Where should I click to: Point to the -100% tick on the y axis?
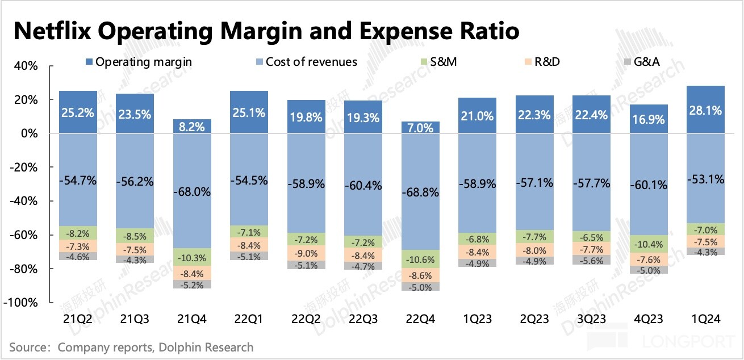point(22,303)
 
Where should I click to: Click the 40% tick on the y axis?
point(26,66)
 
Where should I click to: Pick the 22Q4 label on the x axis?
point(420,320)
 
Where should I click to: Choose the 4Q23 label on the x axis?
point(649,320)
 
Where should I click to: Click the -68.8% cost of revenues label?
point(420,192)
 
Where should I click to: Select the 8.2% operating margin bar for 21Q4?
point(192,126)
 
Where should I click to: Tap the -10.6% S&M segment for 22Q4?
point(420,259)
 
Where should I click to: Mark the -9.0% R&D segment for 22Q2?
point(307,253)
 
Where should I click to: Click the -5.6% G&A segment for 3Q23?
point(592,261)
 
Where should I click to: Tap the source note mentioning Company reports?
point(131,346)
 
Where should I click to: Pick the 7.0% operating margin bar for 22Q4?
point(420,127)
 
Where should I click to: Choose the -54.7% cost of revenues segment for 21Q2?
point(78,181)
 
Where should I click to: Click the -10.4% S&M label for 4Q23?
point(649,245)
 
